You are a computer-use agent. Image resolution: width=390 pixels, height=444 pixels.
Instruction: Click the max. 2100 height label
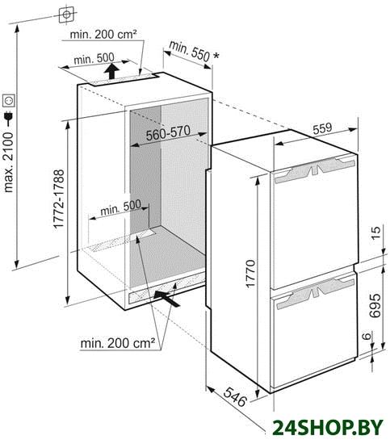tap(8, 162)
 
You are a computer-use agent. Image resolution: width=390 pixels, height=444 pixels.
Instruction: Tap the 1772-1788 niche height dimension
tap(59, 199)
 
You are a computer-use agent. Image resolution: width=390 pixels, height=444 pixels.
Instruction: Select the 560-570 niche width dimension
tap(168, 133)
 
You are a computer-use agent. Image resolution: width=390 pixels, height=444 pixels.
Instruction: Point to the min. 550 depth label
tap(194, 51)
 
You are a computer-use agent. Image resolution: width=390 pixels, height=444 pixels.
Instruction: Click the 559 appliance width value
tap(322, 128)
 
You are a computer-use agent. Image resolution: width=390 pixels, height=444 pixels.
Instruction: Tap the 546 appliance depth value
tap(235, 397)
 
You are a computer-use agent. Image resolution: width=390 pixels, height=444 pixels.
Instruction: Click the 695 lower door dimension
tap(375, 306)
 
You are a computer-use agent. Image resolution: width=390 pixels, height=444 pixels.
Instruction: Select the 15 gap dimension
tap(375, 233)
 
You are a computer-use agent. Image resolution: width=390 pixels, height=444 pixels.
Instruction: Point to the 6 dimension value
tap(367, 336)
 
